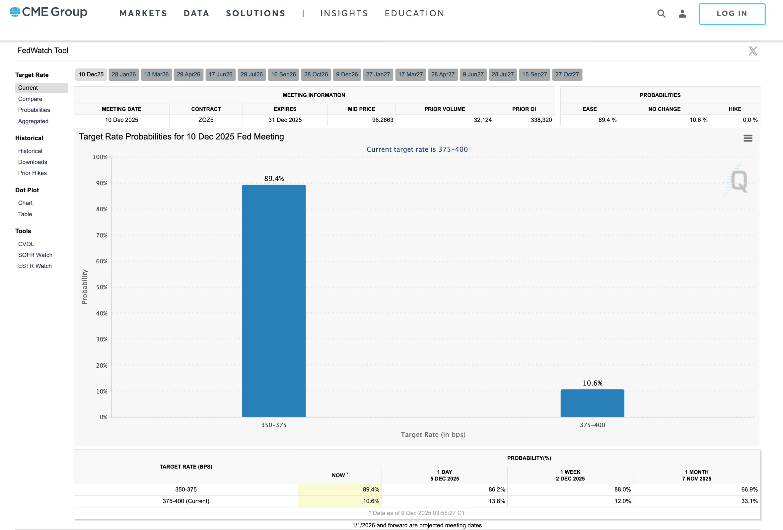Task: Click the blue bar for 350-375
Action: pyautogui.click(x=274, y=301)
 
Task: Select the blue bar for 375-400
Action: pyautogui.click(x=592, y=403)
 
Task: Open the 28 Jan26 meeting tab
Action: pyautogui.click(x=124, y=74)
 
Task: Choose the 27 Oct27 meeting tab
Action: pyautogui.click(x=567, y=74)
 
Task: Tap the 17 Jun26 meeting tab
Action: pyautogui.click(x=220, y=74)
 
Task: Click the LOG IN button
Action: pyautogui.click(x=732, y=14)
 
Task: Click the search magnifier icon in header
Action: pyautogui.click(x=661, y=14)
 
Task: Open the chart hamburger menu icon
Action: pyautogui.click(x=747, y=138)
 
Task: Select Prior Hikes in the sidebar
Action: pyautogui.click(x=32, y=173)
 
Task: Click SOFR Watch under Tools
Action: pyautogui.click(x=35, y=255)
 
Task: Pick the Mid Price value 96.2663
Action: pyautogui.click(x=383, y=120)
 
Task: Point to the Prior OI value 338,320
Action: pyautogui.click(x=541, y=120)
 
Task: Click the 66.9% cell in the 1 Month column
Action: pyautogui.click(x=749, y=489)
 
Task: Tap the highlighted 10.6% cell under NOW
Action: pyautogui.click(x=371, y=501)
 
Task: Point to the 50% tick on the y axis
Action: pyautogui.click(x=102, y=287)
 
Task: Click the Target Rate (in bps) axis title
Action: pyautogui.click(x=433, y=435)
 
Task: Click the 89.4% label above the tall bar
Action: pyautogui.click(x=274, y=179)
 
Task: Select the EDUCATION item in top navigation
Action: pyautogui.click(x=414, y=14)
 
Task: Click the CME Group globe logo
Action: pyautogui.click(x=15, y=12)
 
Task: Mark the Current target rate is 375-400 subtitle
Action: pyautogui.click(x=417, y=149)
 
